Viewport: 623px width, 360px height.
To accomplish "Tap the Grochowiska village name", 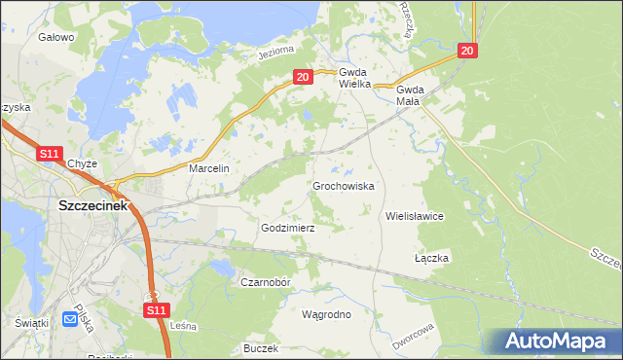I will [344, 185].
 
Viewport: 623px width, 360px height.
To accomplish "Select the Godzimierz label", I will [288, 227].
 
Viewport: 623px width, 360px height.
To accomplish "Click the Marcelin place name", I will [208, 168].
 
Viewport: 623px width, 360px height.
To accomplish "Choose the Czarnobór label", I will [266, 282].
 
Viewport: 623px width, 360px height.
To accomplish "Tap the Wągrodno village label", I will [326, 314].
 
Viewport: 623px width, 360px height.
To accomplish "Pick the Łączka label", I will [430, 258].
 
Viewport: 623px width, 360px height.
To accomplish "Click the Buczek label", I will [261, 347].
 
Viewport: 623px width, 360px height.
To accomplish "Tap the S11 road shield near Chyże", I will [50, 154].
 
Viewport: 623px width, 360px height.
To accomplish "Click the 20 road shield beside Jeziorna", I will [302, 76].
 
